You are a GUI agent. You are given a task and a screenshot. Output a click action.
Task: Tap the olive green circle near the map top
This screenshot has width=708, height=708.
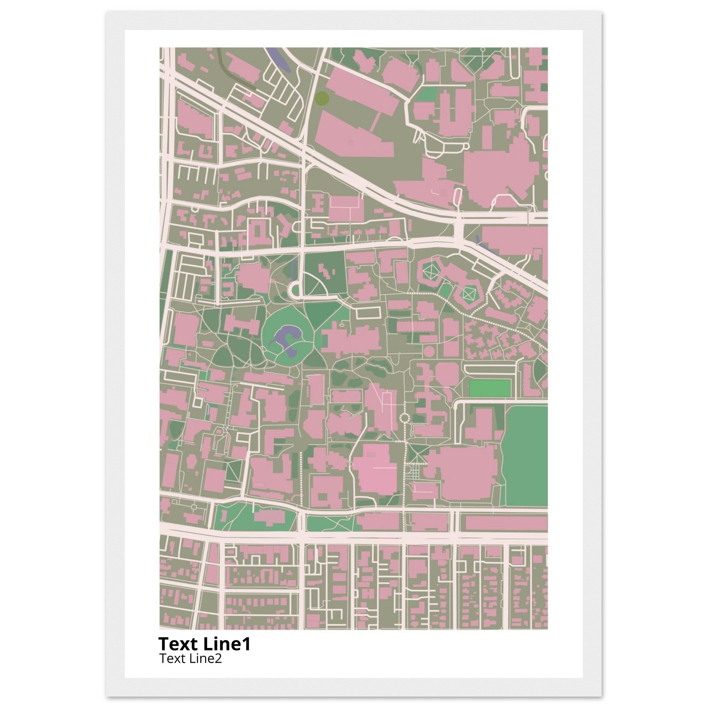(x=322, y=98)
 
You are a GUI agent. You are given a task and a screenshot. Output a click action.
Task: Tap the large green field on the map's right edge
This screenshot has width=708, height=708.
(x=526, y=454)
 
